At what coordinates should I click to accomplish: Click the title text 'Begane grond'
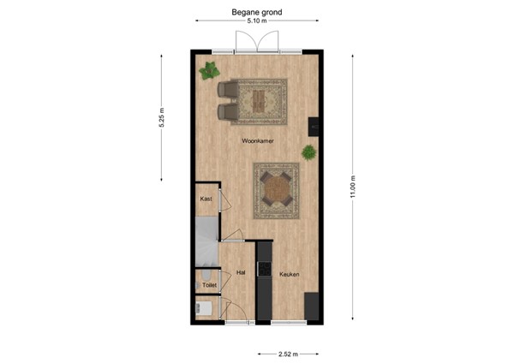[x=257, y=12]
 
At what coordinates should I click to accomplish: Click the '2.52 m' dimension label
[x=289, y=352]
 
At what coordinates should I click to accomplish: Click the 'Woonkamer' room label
[x=257, y=140]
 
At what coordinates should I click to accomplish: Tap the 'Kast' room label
[x=206, y=199]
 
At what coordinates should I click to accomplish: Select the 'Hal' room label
[x=241, y=273]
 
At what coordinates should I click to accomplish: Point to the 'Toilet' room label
[x=209, y=284]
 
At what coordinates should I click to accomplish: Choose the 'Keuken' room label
[x=289, y=274]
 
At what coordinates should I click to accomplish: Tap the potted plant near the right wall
[x=308, y=152]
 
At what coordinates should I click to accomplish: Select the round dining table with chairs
[x=276, y=190]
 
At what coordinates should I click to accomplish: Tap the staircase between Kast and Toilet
[x=206, y=239]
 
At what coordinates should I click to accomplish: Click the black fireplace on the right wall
[x=315, y=126]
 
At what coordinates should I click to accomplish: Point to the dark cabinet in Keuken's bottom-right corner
[x=311, y=306]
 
